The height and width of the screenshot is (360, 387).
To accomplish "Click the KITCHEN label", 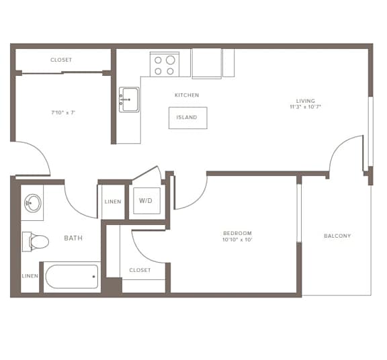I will tap(187, 95).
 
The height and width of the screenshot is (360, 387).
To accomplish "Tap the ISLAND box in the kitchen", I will tap(187, 118).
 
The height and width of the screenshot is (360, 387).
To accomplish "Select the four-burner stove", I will tap(165, 64).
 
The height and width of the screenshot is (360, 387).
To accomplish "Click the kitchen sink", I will tap(129, 99).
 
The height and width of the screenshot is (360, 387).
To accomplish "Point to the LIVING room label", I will tap(305, 101).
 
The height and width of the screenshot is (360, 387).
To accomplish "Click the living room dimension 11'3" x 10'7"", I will tap(305, 107).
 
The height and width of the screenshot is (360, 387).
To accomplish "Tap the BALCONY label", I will tap(337, 236).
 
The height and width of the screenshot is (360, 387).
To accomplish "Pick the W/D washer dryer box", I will tap(146, 201).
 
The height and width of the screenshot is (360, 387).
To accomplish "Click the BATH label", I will tap(73, 238).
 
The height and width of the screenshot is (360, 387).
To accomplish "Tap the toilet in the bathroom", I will tap(36, 241).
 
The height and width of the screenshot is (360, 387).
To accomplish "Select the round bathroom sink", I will tap(32, 203).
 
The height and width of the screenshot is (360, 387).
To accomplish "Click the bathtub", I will tap(72, 276).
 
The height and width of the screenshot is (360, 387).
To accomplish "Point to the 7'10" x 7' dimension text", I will tap(63, 113).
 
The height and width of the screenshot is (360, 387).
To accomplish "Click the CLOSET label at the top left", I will tap(61, 60).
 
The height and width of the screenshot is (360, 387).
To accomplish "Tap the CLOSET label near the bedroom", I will tap(140, 270).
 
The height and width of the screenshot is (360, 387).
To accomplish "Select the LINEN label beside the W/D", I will tap(113, 201).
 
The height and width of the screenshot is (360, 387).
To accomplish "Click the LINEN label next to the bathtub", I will tap(30, 276).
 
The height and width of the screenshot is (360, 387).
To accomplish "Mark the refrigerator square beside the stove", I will tap(206, 63).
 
